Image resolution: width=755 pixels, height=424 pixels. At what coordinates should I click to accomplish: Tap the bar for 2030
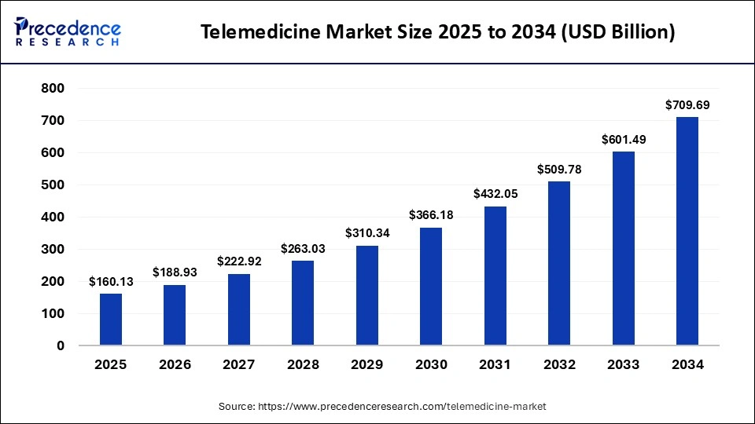click(x=431, y=287)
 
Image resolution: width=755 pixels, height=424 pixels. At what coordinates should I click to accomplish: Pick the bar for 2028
click(x=303, y=303)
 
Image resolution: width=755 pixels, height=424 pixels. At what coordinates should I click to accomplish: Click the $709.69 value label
click(x=687, y=104)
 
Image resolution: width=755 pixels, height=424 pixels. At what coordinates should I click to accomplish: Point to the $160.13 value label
click(x=111, y=281)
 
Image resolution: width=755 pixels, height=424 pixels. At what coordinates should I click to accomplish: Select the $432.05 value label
click(x=495, y=193)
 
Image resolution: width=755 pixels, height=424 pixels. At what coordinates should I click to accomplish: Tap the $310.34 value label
click(x=367, y=233)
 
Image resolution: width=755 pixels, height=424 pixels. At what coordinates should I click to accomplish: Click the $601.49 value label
click(x=623, y=139)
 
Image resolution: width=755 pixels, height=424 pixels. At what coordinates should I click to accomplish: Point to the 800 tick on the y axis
click(x=53, y=89)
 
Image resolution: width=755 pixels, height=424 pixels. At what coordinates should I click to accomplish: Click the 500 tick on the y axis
click(x=53, y=185)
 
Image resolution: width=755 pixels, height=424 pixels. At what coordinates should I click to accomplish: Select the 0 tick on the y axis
click(x=61, y=345)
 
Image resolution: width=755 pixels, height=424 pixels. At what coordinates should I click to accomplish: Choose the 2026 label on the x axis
click(x=175, y=364)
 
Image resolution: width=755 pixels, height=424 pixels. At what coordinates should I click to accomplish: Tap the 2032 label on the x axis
click(x=558, y=364)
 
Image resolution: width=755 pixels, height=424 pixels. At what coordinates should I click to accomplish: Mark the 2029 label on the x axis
click(x=367, y=364)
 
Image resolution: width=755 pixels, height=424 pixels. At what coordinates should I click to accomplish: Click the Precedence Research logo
click(x=68, y=32)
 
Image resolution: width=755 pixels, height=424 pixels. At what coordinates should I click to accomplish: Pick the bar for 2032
click(x=558, y=263)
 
